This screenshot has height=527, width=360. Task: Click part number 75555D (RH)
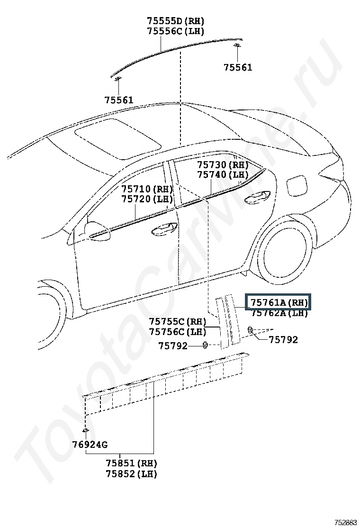pyautogui.click(x=175, y=21)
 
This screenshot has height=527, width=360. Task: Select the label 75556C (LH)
pyautogui.click(x=175, y=31)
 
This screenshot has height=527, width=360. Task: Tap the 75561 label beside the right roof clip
pyautogui.click(x=238, y=68)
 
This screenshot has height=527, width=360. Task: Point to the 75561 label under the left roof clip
pyautogui.click(x=119, y=100)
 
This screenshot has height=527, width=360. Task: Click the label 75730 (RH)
pyautogui.click(x=223, y=165)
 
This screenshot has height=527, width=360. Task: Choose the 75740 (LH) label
pyautogui.click(x=223, y=175)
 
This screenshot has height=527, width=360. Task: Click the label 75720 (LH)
pyautogui.click(x=147, y=200)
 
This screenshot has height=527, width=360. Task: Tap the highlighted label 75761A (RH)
pyautogui.click(x=279, y=302)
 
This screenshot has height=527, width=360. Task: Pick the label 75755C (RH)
pyautogui.click(x=178, y=322)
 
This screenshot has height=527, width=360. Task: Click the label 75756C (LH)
pyautogui.click(x=178, y=332)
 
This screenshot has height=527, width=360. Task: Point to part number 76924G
pyautogui.click(x=90, y=445)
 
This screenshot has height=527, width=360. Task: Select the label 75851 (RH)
pyautogui.click(x=131, y=463)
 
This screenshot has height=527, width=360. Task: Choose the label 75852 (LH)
pyautogui.click(x=131, y=473)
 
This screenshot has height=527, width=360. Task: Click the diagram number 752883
pyautogui.click(x=345, y=522)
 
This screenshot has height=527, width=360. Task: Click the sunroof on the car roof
pyautogui.click(x=117, y=137)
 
